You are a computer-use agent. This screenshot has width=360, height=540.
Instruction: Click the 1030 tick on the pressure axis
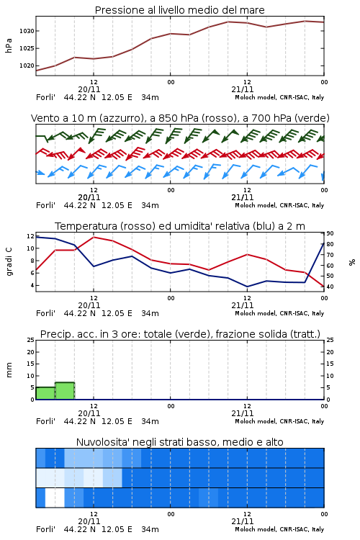click(27, 31)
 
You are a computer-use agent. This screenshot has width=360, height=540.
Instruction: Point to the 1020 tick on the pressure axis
click(27, 66)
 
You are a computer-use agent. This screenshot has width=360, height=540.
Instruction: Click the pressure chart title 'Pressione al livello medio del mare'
click(180, 10)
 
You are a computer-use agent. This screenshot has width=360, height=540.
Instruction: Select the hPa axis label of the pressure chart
click(9, 45)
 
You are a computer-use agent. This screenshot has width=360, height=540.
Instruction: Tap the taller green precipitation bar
click(65, 391)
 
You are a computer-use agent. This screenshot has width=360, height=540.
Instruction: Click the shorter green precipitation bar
click(45, 393)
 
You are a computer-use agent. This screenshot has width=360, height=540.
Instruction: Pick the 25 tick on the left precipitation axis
click(31, 340)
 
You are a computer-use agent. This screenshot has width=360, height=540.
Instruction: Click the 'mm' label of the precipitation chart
click(9, 370)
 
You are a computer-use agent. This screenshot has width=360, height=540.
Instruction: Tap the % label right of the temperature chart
click(352, 262)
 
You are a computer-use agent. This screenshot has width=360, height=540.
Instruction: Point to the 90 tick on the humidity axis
click(330, 233)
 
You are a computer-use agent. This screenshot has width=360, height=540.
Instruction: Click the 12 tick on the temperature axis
click(31, 236)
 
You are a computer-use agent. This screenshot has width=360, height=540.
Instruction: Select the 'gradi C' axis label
click(9, 262)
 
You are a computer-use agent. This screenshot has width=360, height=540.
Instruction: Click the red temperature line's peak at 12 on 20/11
click(94, 237)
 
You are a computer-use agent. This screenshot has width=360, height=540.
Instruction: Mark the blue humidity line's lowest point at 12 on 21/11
click(247, 287)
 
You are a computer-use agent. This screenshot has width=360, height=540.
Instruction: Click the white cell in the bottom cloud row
click(55, 498)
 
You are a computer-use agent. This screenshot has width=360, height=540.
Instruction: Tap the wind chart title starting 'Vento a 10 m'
click(180, 118)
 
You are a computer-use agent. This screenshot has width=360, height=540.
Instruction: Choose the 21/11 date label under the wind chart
click(243, 197)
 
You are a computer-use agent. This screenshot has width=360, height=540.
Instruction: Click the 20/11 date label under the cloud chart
click(89, 521)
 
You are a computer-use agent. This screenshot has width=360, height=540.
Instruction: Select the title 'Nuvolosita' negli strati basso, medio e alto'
click(180, 442)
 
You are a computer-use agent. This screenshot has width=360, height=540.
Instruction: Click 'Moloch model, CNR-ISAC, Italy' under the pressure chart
click(279, 97)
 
